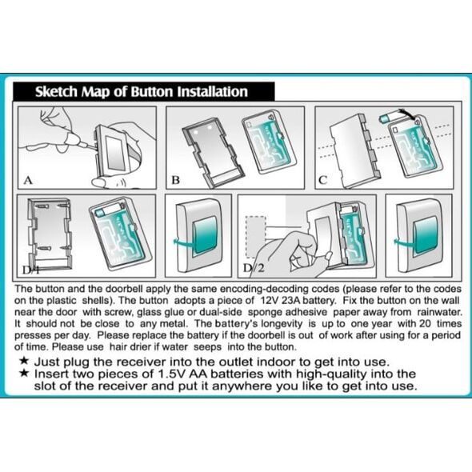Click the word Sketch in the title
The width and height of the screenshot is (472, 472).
[x=56, y=91]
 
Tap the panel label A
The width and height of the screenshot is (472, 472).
[x=28, y=180]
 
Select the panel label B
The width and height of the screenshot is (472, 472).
[x=175, y=180]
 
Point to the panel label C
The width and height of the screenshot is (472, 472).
[x=322, y=180]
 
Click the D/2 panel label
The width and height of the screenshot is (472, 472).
[x=253, y=268]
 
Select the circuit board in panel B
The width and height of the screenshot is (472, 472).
[x=269, y=142]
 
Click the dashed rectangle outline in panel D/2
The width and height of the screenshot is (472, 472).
[x=255, y=237]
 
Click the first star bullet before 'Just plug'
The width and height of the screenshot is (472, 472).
[x=24, y=361]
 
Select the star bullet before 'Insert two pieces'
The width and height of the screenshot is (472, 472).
[x=24, y=373]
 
